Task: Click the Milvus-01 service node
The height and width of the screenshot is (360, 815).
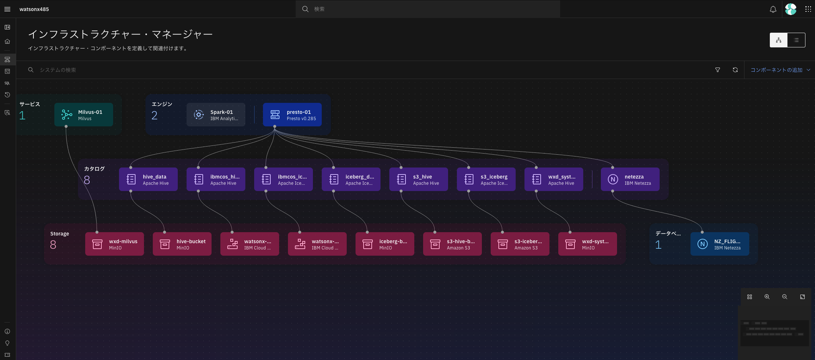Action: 84,115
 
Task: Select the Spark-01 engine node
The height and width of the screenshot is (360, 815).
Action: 216,115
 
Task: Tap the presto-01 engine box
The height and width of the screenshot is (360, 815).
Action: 292,115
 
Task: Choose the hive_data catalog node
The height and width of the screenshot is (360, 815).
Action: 148,179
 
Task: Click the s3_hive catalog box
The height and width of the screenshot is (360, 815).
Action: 419,179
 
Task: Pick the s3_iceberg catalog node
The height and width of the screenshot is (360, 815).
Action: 486,179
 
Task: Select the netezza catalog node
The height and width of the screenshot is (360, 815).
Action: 630,179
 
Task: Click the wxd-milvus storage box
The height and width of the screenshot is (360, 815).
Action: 115,244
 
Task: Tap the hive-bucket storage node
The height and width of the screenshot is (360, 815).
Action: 182,244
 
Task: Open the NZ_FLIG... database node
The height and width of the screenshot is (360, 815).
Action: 720,244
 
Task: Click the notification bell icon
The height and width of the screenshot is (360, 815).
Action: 773,9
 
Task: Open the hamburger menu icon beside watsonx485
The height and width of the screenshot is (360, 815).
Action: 7,9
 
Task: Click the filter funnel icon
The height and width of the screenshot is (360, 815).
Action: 718,70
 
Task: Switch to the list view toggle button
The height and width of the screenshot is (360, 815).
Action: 796,40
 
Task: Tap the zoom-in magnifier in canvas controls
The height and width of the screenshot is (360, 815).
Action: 767,297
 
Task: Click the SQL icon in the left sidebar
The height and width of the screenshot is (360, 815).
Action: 7,83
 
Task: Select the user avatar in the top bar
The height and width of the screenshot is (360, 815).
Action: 791,9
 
